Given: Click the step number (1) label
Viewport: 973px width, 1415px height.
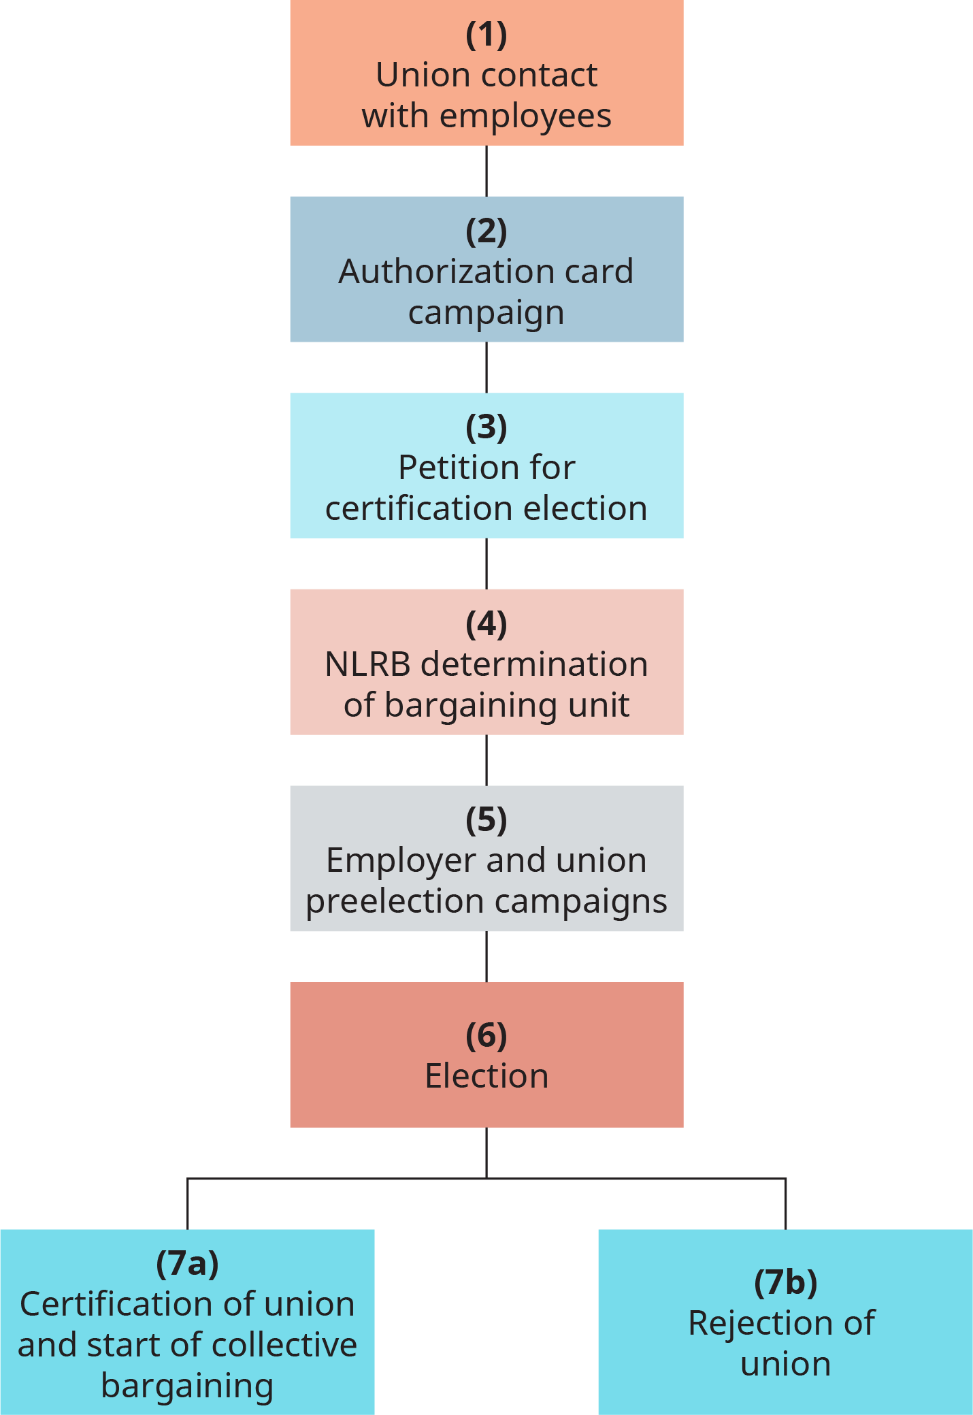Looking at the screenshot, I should click(x=486, y=35).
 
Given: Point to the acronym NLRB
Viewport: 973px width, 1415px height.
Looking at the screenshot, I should click(x=367, y=664).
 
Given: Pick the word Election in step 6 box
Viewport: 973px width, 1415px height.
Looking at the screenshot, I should click(x=486, y=1076).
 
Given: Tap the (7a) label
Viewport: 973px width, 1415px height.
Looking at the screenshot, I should click(x=187, y=1263).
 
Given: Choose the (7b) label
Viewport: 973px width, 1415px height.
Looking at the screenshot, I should click(x=785, y=1282).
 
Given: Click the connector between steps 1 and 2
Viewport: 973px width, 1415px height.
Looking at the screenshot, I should click(x=486, y=171).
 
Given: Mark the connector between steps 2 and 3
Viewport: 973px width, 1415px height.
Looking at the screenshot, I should click(x=486, y=368).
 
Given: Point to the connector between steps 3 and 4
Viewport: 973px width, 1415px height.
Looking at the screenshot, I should click(x=486, y=564).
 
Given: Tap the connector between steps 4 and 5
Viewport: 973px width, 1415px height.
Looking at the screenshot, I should click(x=486, y=760).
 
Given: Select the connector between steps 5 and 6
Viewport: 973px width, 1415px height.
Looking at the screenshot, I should click(x=486, y=957).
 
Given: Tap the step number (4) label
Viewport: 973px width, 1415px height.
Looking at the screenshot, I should click(x=486, y=624).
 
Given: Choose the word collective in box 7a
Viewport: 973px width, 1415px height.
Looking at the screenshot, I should click(x=284, y=1346).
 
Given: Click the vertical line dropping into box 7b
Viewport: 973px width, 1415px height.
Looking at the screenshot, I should click(x=786, y=1205).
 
